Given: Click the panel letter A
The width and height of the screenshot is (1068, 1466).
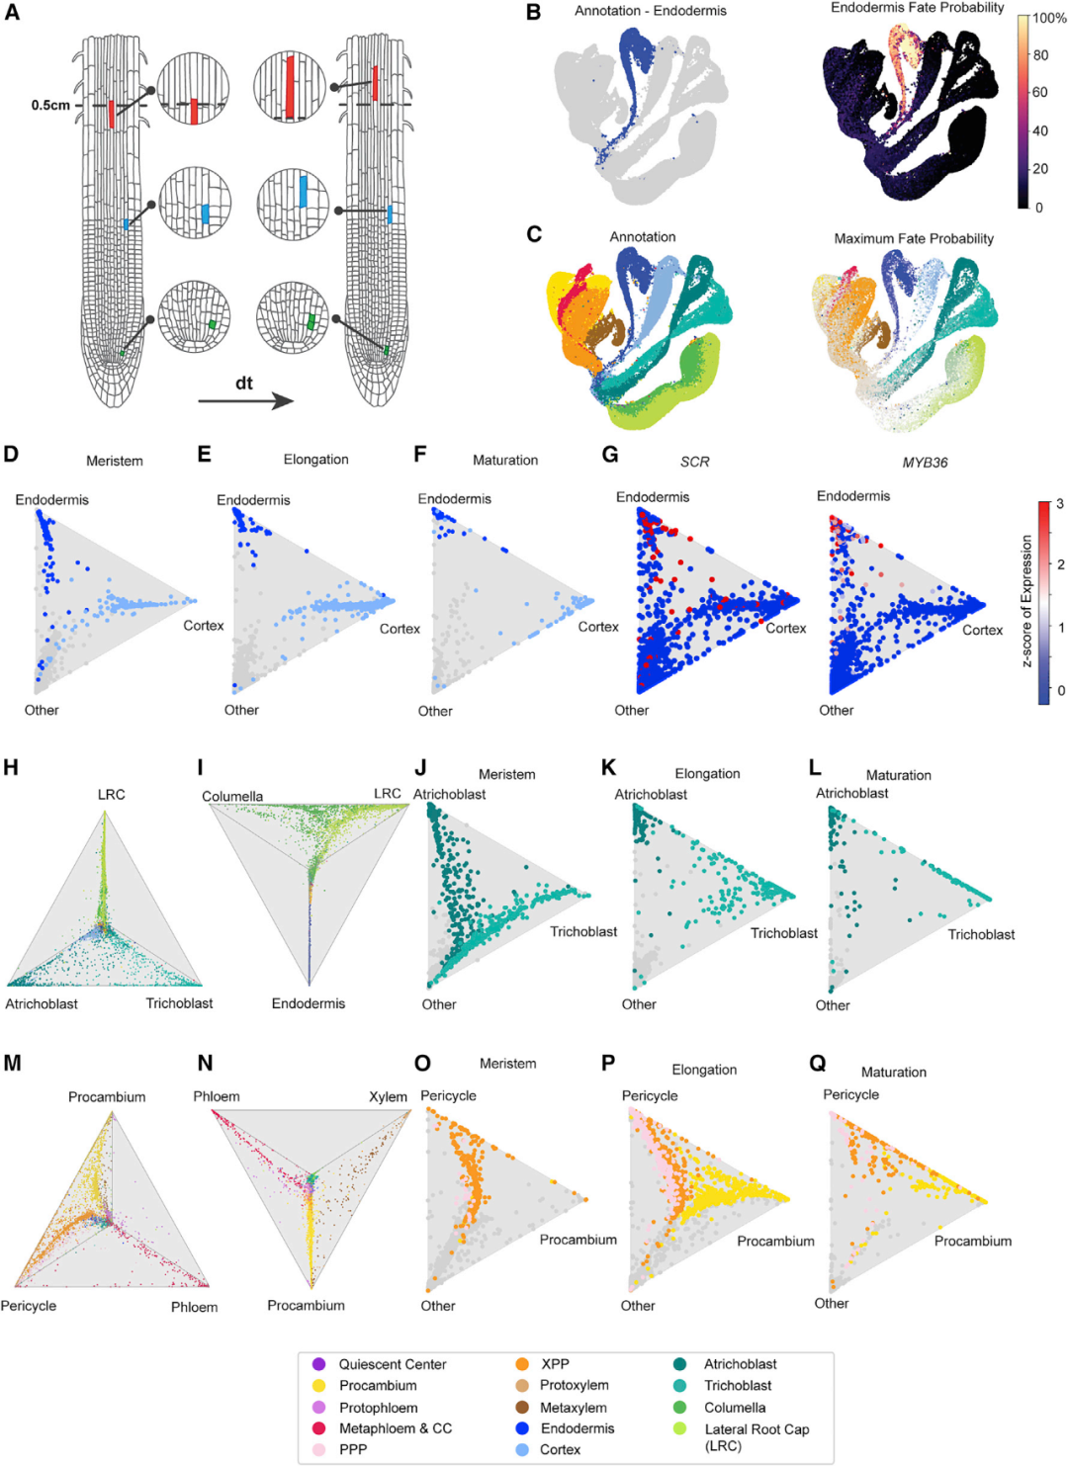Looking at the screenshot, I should (12, 13).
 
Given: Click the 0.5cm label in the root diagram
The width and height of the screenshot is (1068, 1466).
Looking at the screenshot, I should (49, 105).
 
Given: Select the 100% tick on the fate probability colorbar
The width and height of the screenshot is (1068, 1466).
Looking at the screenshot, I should (1049, 18).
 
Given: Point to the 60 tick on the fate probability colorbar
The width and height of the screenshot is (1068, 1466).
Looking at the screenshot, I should (1040, 92).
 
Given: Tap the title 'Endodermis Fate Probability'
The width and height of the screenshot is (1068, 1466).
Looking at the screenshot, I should (917, 8).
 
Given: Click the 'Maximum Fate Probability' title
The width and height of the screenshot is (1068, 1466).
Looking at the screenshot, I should (914, 238).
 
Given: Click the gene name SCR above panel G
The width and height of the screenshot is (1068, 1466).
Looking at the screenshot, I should (694, 462).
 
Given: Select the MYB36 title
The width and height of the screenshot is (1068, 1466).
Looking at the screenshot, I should (925, 462).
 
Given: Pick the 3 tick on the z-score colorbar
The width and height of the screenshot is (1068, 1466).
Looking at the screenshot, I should (1060, 504).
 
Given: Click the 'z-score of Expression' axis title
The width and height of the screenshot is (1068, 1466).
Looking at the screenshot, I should (1026, 601).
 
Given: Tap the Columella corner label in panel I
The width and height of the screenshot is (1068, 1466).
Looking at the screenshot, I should (232, 796).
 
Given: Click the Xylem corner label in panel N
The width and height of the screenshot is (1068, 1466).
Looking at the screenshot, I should (388, 1096).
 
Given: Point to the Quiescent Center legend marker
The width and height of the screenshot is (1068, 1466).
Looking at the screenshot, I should (318, 1364).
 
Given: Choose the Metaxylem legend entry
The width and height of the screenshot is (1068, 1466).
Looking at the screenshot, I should (574, 1408).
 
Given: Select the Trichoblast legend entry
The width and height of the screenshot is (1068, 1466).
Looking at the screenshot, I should (738, 1386).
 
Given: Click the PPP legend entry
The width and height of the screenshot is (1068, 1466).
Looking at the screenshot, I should (353, 1449).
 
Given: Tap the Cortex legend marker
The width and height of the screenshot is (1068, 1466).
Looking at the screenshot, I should (521, 1449).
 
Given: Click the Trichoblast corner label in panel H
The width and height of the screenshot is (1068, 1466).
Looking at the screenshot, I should (179, 1003).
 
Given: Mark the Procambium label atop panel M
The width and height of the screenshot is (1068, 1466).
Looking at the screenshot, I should (107, 1096).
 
